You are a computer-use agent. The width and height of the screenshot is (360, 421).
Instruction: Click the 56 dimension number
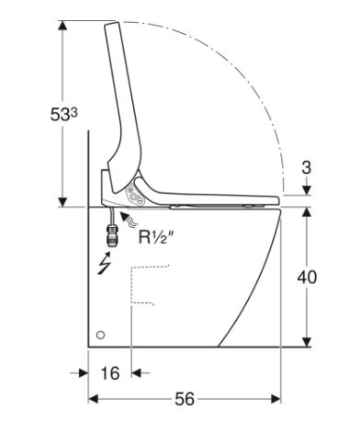[185, 399]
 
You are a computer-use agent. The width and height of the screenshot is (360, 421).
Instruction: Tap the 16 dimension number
[110, 373]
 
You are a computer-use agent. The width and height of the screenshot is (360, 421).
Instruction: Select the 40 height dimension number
[307, 278]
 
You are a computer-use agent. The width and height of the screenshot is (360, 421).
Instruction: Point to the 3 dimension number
[307, 167]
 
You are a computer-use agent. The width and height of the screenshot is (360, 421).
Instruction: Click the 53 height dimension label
[63, 115]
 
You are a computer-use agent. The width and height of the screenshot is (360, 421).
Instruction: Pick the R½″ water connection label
[158, 237]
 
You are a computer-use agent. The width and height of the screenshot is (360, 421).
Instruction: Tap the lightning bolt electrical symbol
[104, 264]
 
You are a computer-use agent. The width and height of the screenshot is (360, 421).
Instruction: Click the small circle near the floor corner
[100, 335]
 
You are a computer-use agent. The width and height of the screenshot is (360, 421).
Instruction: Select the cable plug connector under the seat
[112, 235]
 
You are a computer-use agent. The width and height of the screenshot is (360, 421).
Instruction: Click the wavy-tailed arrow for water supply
[129, 219]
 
